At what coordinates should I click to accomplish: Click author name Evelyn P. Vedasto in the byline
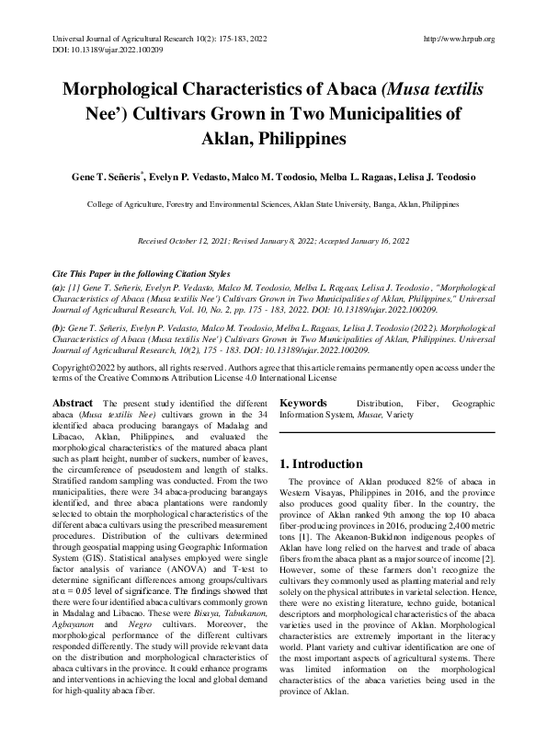[188, 176]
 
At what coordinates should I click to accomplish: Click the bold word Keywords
[303, 403]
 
